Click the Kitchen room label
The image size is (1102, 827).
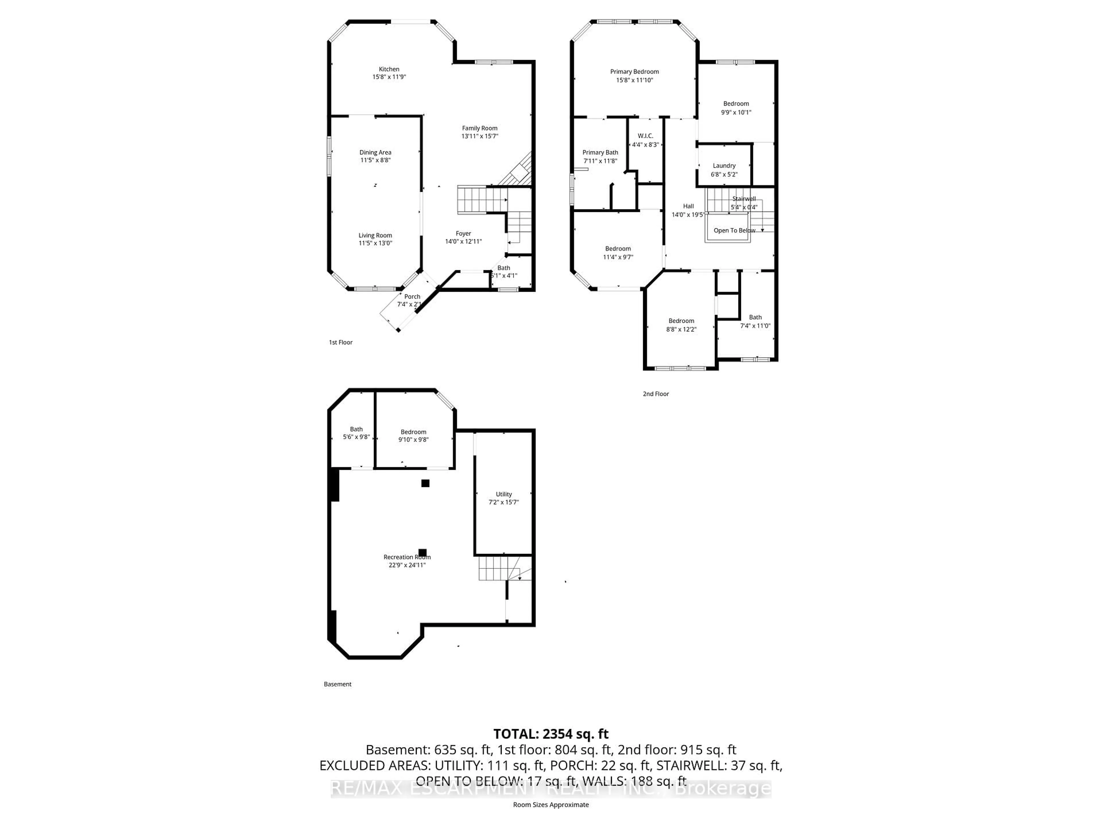point(389,69)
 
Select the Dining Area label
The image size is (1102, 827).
point(375,152)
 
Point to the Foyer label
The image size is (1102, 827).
point(463,233)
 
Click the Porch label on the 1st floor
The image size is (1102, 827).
point(412,297)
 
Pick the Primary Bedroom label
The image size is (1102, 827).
point(634,72)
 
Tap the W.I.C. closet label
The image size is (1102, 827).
point(645,136)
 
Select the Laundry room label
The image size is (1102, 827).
point(724,165)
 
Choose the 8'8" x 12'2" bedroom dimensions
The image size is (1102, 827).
point(681,329)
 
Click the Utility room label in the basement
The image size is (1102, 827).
point(504,494)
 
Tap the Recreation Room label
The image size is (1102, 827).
point(407,557)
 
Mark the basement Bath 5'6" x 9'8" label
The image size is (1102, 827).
point(356,433)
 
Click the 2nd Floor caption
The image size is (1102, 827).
point(656,394)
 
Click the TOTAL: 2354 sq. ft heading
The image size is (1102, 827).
point(550,734)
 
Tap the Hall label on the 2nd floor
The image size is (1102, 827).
point(688,206)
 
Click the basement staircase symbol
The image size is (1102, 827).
point(498,568)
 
